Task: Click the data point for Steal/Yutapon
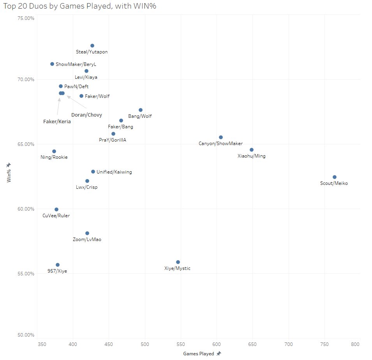92,46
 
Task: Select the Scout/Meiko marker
334,177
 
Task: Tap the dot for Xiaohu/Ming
252,150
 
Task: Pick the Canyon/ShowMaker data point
221,137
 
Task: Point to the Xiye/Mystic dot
178,262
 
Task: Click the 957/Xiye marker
58,265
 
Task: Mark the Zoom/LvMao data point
87,233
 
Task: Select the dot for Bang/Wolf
141,110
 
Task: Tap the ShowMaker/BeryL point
52,64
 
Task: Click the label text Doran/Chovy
86,115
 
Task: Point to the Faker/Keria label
57,122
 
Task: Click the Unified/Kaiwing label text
114,172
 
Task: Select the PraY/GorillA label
113,140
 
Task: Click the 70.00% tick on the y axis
25,80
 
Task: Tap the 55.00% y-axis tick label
25,273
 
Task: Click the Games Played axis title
198,354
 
